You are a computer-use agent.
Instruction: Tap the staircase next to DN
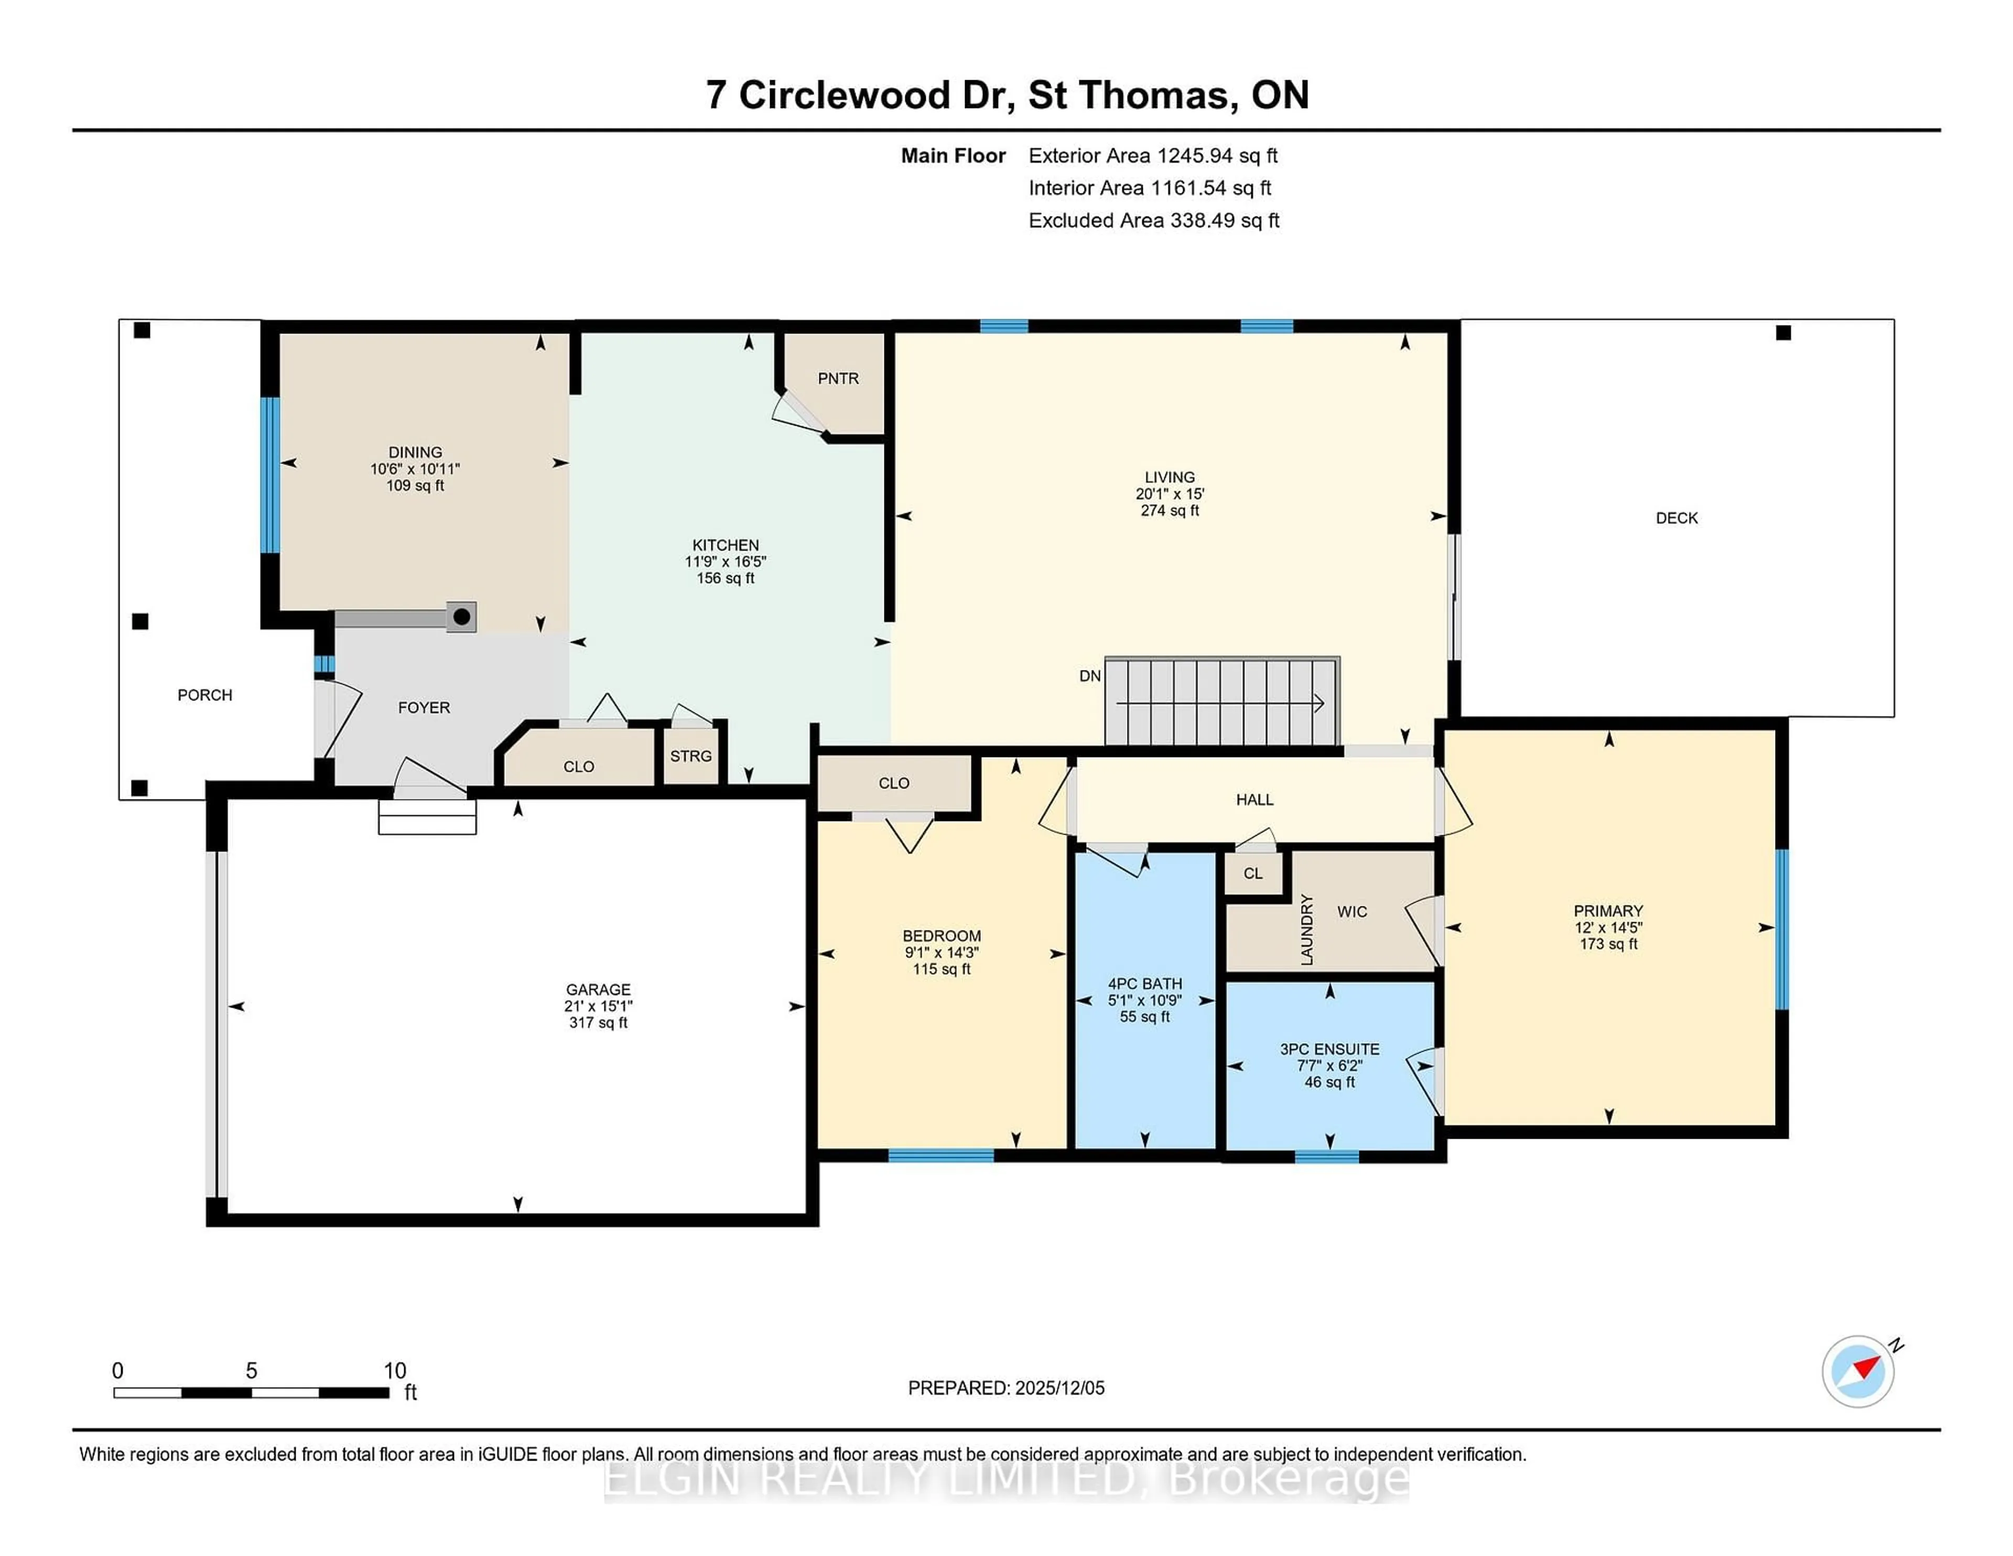coord(1221,703)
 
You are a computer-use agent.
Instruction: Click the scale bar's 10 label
coord(395,1371)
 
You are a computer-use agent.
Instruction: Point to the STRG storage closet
coord(690,756)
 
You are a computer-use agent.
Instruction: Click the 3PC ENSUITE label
coord(1329,1049)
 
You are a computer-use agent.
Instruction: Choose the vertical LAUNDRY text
coord(1306,929)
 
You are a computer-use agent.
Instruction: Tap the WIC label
coord(1352,912)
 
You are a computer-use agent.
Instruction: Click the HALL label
coord(1254,799)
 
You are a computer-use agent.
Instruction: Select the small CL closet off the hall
coord(1252,873)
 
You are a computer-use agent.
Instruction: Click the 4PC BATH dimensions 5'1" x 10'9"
coord(1145,1000)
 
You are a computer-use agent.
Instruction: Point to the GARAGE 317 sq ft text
coord(598,1022)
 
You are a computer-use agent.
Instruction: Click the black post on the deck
coord(1783,333)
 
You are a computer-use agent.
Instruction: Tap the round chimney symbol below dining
coord(462,617)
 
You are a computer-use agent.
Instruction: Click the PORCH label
coord(204,695)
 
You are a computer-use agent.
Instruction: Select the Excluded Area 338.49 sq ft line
coord(1153,220)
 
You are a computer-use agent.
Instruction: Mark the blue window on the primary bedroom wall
coord(1782,928)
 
